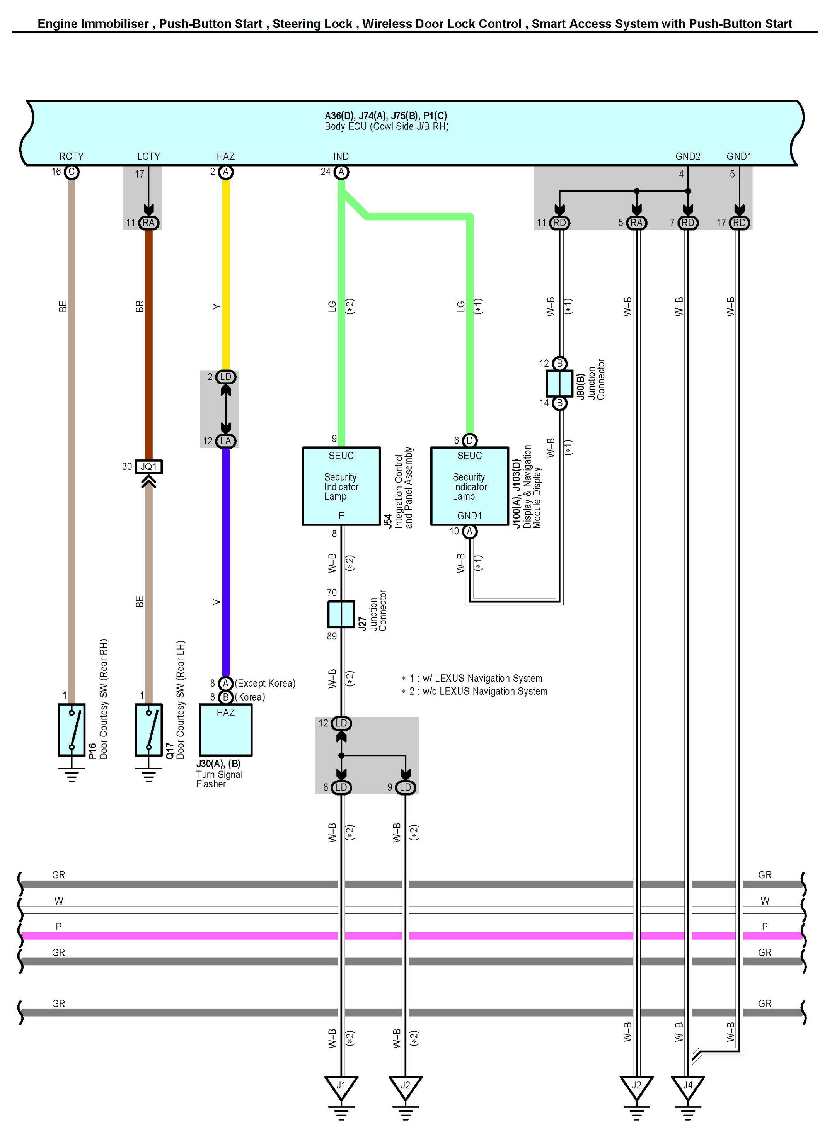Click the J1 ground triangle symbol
click(341, 1087)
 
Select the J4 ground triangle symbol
click(687, 1087)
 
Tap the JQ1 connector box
click(148, 467)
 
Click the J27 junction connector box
click(341, 614)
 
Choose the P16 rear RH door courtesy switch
click(72, 730)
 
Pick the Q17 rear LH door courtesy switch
click(148, 730)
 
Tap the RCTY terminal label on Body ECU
click(72, 156)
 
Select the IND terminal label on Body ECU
click(341, 156)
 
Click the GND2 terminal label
click(688, 156)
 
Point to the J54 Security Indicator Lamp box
click(341, 486)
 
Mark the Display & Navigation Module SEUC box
click(469, 486)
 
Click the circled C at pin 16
click(72, 172)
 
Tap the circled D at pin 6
click(469, 441)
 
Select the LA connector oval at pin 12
click(226, 441)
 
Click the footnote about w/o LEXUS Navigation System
click(474, 692)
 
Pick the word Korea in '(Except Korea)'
click(280, 683)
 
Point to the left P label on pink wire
click(58, 927)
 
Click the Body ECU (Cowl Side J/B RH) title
click(387, 126)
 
